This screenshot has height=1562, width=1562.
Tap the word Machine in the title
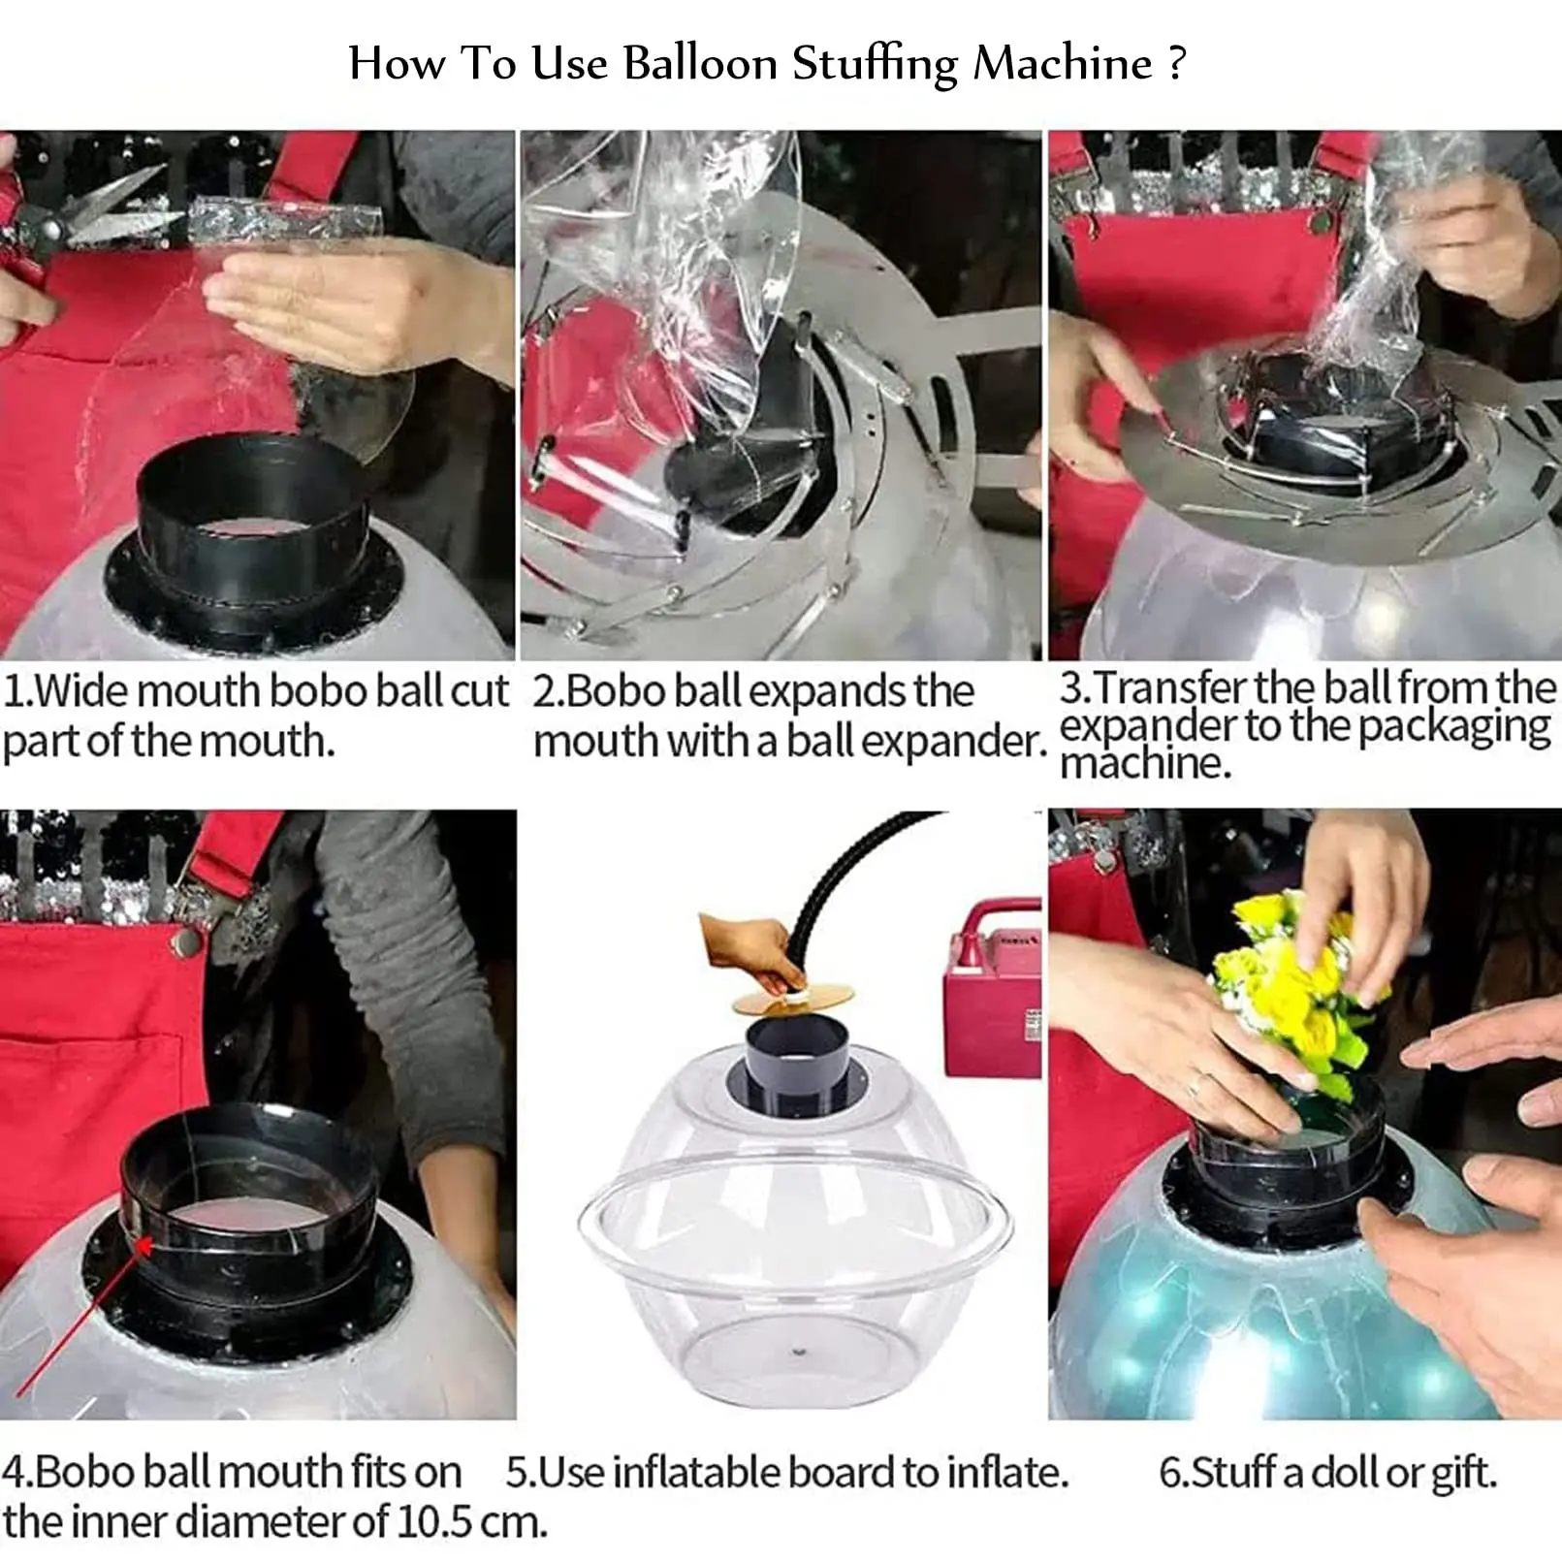pyautogui.click(x=1062, y=64)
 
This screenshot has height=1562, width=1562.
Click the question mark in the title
pyautogui.click(x=1177, y=63)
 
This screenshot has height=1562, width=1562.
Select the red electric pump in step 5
pyautogui.click(x=992, y=989)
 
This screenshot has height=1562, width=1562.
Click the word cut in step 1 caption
pyautogui.click(x=479, y=691)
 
